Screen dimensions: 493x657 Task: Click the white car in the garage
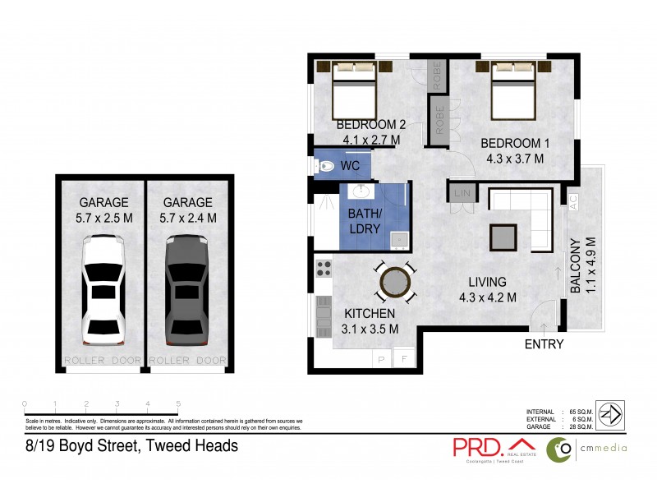(103, 289)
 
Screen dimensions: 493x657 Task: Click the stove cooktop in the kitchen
(323, 267)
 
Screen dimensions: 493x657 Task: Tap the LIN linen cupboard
(458, 194)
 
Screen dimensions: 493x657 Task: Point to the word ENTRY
(544, 344)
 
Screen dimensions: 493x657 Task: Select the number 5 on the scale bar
(178, 403)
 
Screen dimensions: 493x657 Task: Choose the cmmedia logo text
(604, 448)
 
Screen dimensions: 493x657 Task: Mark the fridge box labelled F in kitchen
(404, 359)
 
